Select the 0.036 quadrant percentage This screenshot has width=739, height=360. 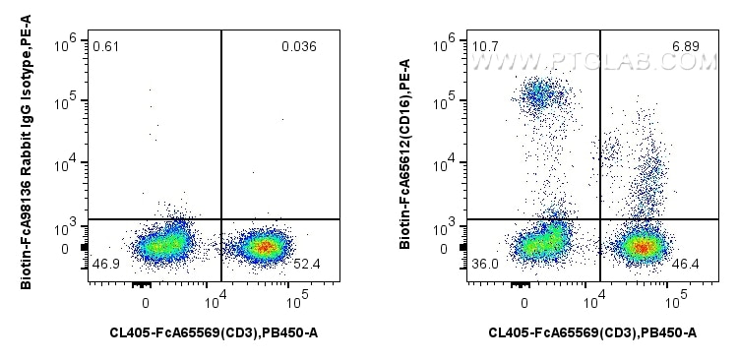click(x=299, y=46)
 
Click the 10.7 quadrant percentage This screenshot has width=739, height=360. click(x=483, y=46)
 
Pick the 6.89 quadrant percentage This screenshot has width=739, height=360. click(x=679, y=46)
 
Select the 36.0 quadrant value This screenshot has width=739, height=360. click(x=484, y=265)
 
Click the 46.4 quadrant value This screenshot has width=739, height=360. click(x=680, y=265)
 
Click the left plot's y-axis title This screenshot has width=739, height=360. click(x=27, y=157)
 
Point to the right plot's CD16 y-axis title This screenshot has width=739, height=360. click(x=405, y=157)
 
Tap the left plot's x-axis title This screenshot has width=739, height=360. click(x=214, y=332)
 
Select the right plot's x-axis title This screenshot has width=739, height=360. click(x=592, y=332)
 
